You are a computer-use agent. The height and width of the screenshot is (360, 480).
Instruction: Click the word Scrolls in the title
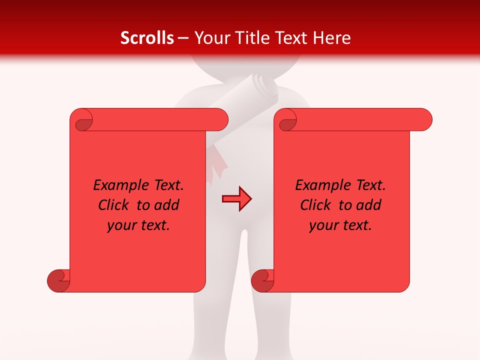147,38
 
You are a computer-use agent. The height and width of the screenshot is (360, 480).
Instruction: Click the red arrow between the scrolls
236,199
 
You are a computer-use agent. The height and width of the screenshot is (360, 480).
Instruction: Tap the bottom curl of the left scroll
58,280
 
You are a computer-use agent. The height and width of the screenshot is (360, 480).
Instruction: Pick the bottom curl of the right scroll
262,280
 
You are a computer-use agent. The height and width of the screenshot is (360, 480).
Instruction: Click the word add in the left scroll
167,205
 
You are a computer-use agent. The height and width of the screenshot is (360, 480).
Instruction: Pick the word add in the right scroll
369,205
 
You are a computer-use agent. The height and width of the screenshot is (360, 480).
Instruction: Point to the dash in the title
183,38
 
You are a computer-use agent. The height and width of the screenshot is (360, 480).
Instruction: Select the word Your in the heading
212,38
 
